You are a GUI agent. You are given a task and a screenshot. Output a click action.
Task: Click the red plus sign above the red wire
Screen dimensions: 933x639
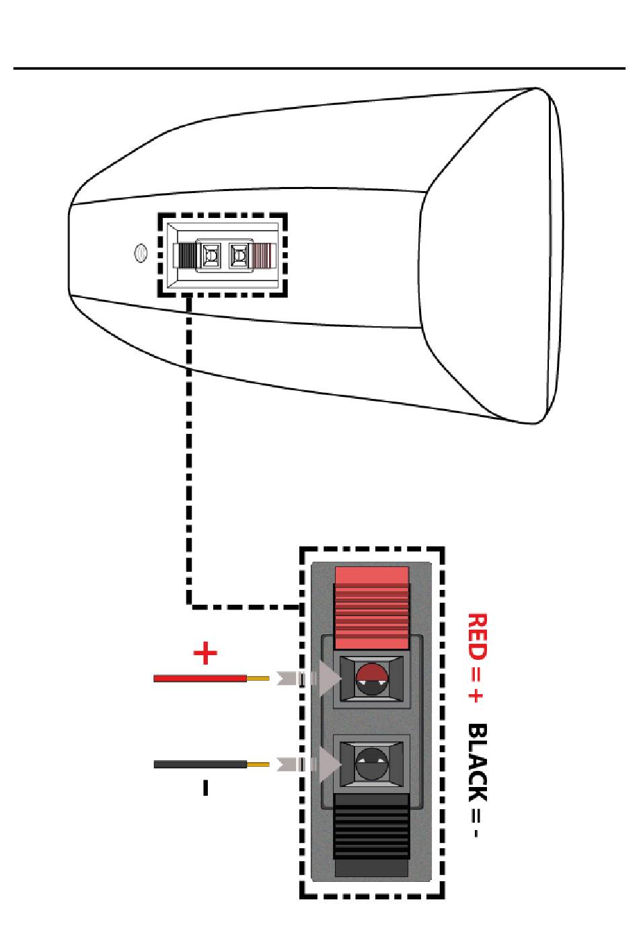point(205,653)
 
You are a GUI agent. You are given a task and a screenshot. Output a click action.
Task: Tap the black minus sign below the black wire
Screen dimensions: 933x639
point(205,787)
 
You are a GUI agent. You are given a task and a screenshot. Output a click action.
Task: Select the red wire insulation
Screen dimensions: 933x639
point(200,679)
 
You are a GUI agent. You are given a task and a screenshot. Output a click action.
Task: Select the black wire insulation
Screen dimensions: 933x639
point(200,764)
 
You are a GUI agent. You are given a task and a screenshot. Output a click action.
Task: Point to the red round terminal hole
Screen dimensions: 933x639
point(372,679)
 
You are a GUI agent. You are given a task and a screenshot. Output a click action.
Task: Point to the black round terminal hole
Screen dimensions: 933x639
point(371,763)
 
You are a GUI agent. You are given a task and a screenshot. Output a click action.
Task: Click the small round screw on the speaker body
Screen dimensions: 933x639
point(141,254)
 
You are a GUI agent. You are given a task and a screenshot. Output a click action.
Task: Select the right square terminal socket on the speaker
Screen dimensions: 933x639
point(239,256)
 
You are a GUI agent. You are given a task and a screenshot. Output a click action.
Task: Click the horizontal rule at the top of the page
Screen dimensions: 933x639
point(319,68)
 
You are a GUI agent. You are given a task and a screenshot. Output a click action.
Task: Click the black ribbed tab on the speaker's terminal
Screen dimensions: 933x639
point(185,256)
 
